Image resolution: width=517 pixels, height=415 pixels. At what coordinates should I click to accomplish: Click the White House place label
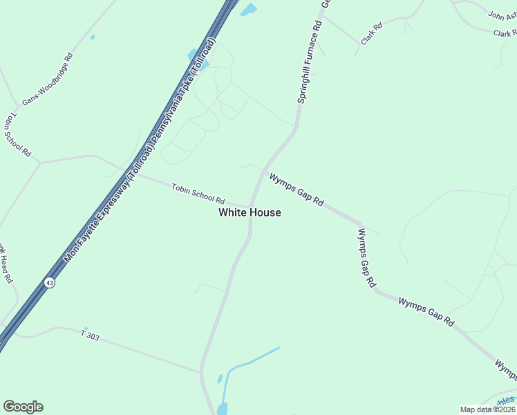point(250,212)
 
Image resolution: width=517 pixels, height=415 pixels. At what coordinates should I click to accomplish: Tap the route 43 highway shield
point(49,282)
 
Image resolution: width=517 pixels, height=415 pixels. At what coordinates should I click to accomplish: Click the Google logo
point(23,407)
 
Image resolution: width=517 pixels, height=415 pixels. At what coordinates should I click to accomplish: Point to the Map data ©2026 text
point(487,409)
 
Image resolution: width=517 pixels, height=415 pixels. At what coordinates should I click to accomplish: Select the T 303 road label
point(90,335)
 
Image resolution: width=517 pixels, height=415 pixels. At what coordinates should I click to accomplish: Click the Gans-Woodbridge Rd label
point(47,80)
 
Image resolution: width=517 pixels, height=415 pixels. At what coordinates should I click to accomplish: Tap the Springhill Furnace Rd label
point(309,62)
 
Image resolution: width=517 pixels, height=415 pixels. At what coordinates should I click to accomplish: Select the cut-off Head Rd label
point(6,264)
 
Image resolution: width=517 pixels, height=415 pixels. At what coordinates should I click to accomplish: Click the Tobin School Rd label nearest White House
point(198,194)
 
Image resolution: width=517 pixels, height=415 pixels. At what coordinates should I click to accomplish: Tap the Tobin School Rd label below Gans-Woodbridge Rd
point(17,135)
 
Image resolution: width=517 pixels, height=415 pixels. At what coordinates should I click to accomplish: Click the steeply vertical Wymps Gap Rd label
point(366,258)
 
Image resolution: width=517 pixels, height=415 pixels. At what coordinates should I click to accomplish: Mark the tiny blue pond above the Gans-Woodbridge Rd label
point(93,37)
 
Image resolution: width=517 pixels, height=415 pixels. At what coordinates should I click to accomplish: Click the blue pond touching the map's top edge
point(248,10)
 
